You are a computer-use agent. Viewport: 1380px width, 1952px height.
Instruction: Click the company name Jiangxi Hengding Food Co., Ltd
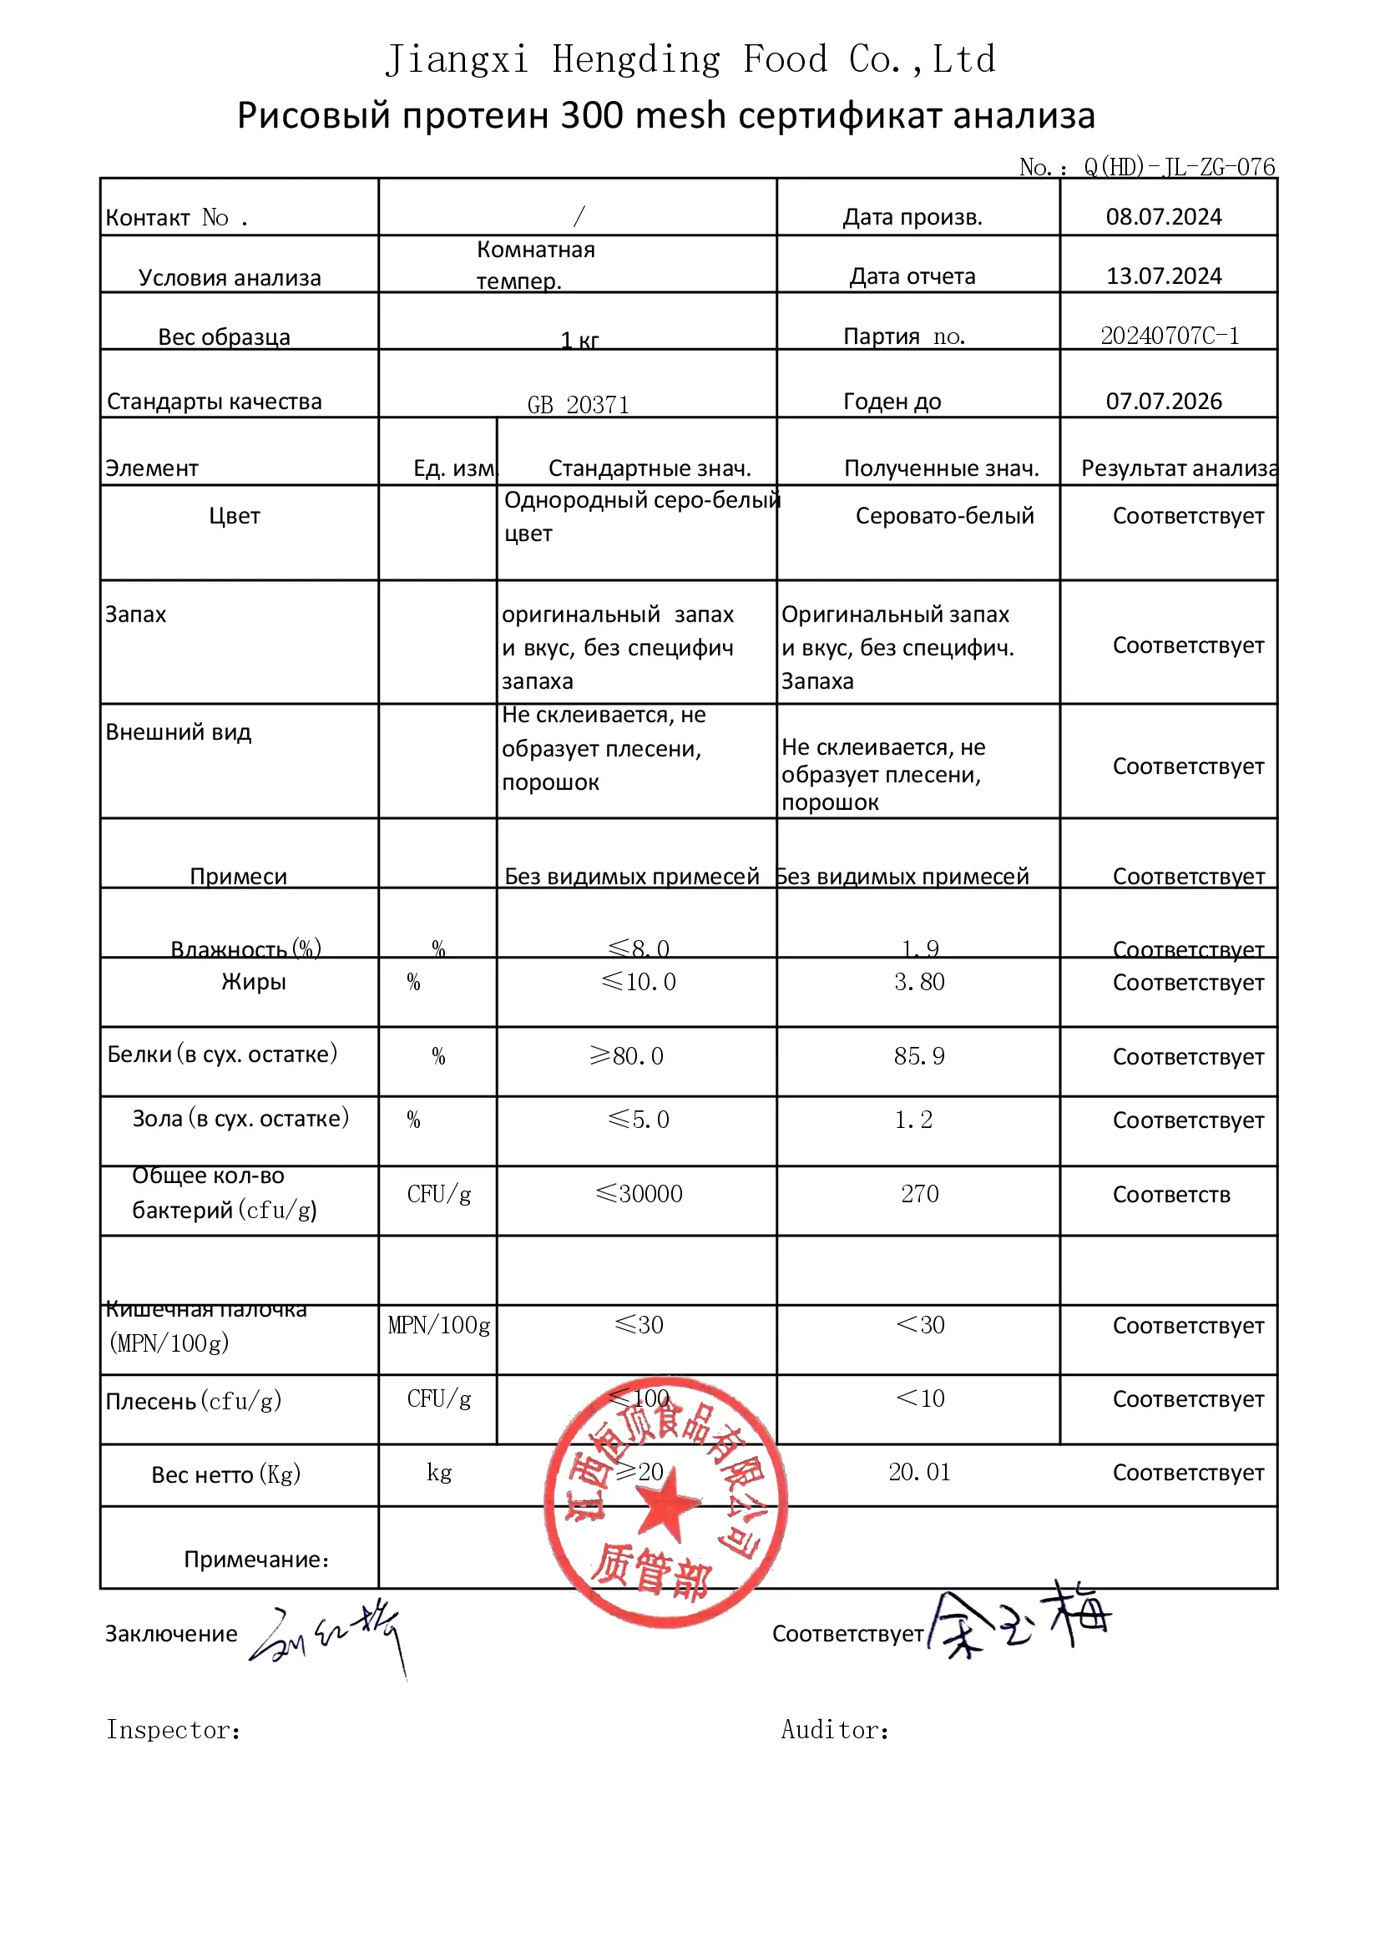[x=690, y=59]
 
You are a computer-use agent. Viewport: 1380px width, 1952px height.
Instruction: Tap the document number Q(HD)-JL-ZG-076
[x=1179, y=167]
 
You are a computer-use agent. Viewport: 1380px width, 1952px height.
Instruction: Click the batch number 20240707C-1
[x=1169, y=336]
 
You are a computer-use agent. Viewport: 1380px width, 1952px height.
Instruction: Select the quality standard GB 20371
[x=579, y=405]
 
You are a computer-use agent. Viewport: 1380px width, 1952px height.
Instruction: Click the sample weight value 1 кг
[x=579, y=341]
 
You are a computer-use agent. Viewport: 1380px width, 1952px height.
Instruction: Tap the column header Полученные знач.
[x=941, y=468]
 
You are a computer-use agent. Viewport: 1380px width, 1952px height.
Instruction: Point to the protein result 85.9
[x=918, y=1056]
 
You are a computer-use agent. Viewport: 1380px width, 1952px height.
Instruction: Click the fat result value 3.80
[x=918, y=982]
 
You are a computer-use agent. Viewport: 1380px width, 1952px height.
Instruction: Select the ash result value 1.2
[x=913, y=1120]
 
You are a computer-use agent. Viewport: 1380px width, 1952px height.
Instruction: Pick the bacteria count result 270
[x=919, y=1194]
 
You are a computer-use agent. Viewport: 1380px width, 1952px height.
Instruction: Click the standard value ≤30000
[x=639, y=1194]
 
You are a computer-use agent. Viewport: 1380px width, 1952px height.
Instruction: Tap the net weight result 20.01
[x=919, y=1472]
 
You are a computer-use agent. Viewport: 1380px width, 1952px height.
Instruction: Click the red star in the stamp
[x=669, y=1505]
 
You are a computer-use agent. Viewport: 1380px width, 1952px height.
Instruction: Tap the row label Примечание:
[x=256, y=1560]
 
